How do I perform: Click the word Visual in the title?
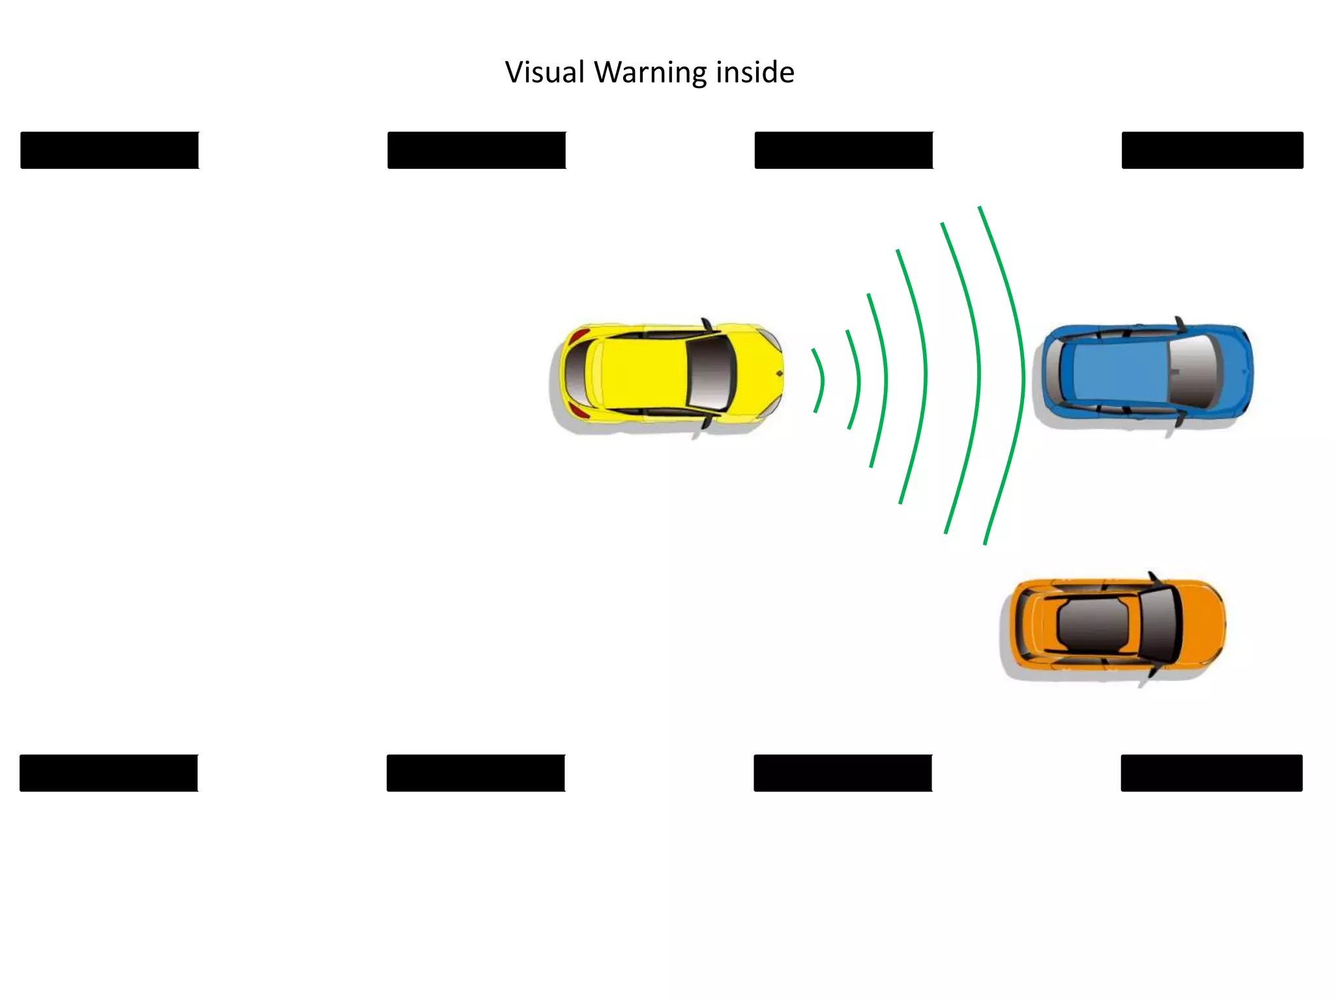(x=545, y=72)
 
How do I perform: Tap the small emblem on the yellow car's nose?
(x=779, y=373)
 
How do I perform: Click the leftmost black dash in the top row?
(x=110, y=151)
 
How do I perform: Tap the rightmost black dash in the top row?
(x=1212, y=151)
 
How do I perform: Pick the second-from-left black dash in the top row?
(x=477, y=151)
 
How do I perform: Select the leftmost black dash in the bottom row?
(x=109, y=773)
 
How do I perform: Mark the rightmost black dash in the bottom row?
(x=1211, y=773)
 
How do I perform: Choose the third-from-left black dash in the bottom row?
(x=843, y=773)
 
